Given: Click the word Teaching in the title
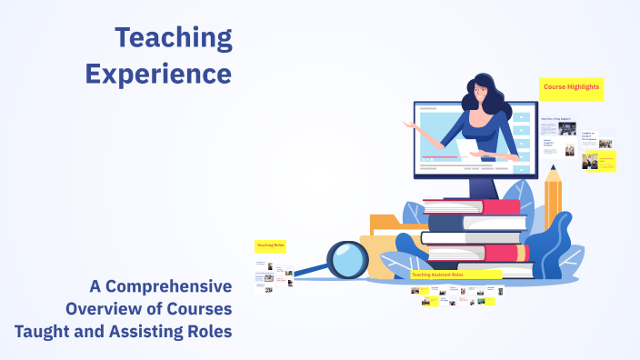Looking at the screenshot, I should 174,38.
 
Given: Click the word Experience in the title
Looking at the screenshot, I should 158,73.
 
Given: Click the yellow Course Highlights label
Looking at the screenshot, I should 571,89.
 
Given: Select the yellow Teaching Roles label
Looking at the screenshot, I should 271,245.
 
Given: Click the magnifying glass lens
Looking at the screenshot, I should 345,260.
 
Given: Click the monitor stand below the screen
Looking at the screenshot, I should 482,185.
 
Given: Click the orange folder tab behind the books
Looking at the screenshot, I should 385,221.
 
